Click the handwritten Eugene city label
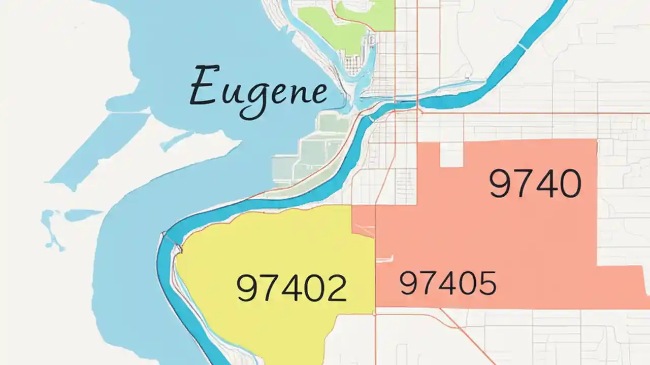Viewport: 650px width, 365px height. (x=258, y=91)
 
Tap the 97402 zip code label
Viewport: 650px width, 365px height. (x=292, y=288)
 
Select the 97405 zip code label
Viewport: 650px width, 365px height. (x=447, y=283)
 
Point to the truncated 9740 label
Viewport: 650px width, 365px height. (x=535, y=184)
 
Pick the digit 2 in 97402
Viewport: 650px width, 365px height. (x=334, y=288)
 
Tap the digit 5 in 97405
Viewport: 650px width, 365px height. (x=485, y=283)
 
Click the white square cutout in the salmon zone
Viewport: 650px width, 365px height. (x=451, y=155)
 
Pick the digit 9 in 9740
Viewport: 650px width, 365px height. (x=501, y=184)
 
